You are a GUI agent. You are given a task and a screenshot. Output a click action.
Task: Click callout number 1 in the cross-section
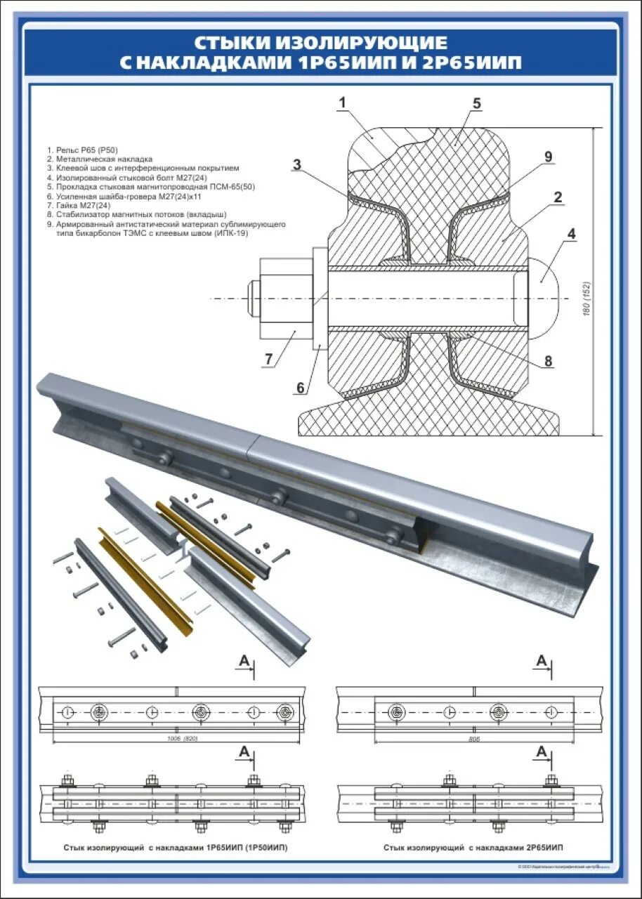pyautogui.click(x=342, y=103)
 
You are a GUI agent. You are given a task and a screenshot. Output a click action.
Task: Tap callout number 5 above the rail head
pyautogui.click(x=476, y=104)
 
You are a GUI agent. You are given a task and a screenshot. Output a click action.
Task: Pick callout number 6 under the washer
pyautogui.click(x=300, y=387)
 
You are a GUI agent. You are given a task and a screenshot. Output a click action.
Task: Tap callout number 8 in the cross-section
pyautogui.click(x=548, y=362)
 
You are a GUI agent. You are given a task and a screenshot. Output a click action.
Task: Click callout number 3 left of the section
pyautogui.click(x=297, y=165)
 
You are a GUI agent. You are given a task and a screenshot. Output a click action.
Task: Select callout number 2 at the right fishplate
pyautogui.click(x=557, y=197)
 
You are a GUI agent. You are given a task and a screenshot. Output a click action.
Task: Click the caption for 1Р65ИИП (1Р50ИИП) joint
pyautogui.click(x=175, y=848)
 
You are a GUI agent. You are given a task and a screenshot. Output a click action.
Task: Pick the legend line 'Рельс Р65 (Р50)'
pyautogui.click(x=82, y=150)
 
